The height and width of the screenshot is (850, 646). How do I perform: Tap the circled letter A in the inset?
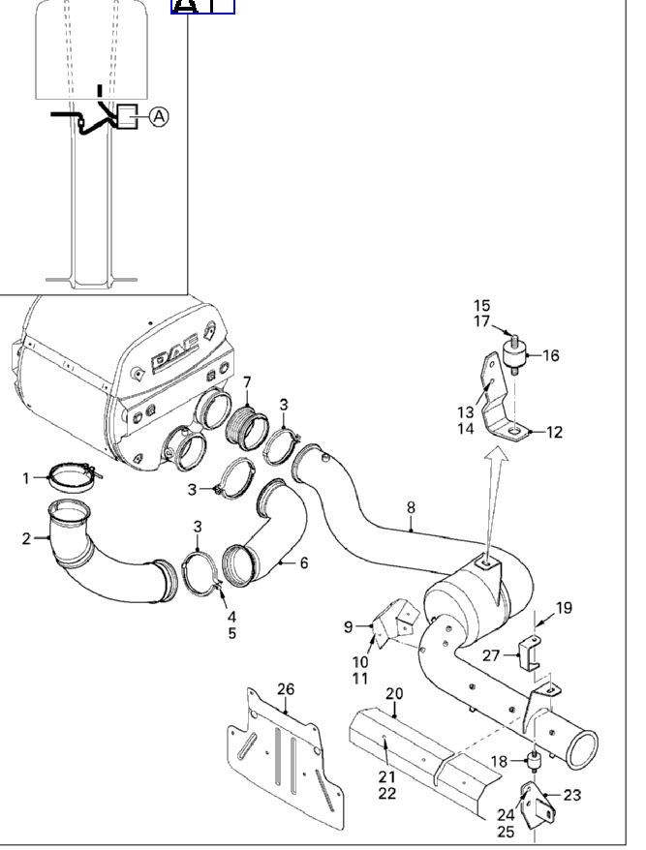[159, 116]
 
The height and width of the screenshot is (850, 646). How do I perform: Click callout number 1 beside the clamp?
[28, 477]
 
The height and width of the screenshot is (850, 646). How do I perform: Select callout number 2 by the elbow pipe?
[27, 538]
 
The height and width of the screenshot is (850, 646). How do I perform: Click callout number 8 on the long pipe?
[411, 506]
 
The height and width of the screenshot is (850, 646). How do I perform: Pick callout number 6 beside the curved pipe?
[303, 562]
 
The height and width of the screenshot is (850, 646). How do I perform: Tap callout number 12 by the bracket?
[554, 433]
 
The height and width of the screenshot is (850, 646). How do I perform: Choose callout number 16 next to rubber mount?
[550, 356]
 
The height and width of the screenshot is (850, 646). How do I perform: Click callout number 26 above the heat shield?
[286, 689]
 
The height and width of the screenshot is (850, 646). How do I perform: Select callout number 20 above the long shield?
[394, 693]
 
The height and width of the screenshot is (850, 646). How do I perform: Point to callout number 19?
[564, 608]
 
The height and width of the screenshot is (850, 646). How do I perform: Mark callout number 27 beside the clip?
[491, 655]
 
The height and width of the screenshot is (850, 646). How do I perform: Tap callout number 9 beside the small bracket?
[349, 626]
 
